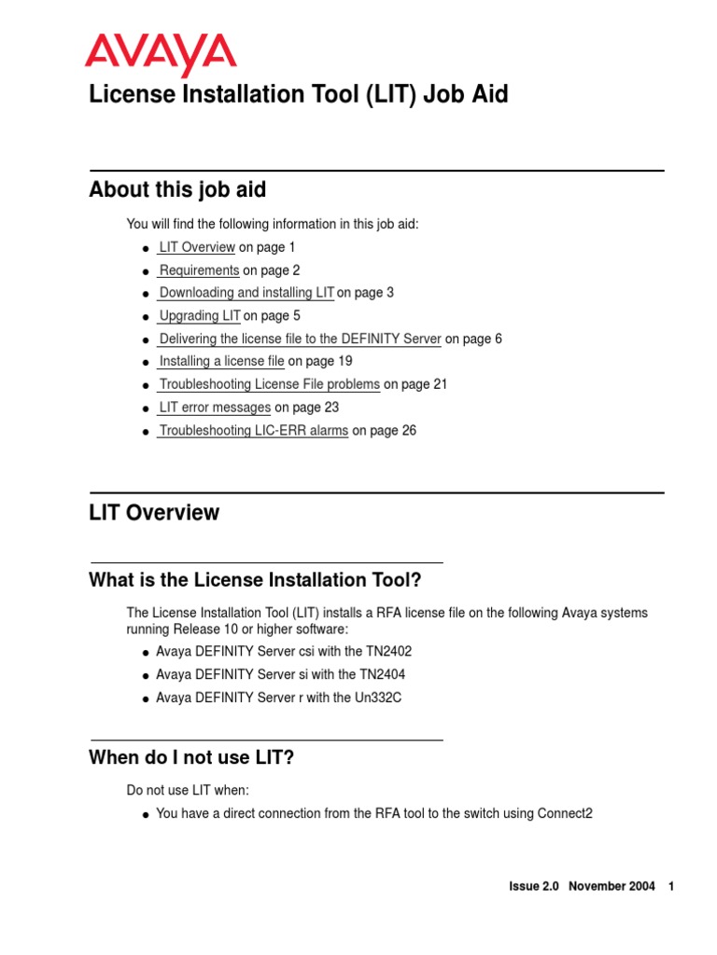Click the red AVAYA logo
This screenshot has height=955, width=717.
(160, 54)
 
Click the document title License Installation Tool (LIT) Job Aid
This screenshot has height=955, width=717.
(298, 95)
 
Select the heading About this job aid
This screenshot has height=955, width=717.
(177, 190)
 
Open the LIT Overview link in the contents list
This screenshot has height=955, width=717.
(196, 247)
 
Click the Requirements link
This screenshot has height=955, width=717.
(199, 270)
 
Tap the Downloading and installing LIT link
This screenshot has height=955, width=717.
(246, 293)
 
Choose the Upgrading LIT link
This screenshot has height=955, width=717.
(200, 316)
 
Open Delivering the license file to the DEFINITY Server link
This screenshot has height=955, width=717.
(300, 339)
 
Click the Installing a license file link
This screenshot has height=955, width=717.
(221, 361)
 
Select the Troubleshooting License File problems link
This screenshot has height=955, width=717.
(269, 384)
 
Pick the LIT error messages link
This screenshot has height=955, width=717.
(215, 408)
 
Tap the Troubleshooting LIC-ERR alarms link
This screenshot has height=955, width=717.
(253, 431)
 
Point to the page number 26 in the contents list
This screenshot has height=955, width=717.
(409, 431)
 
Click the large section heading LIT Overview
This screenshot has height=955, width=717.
(154, 513)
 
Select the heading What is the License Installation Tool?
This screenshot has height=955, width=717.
(255, 580)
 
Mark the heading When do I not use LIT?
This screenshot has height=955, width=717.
(191, 757)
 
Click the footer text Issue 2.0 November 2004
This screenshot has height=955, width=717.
(582, 886)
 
